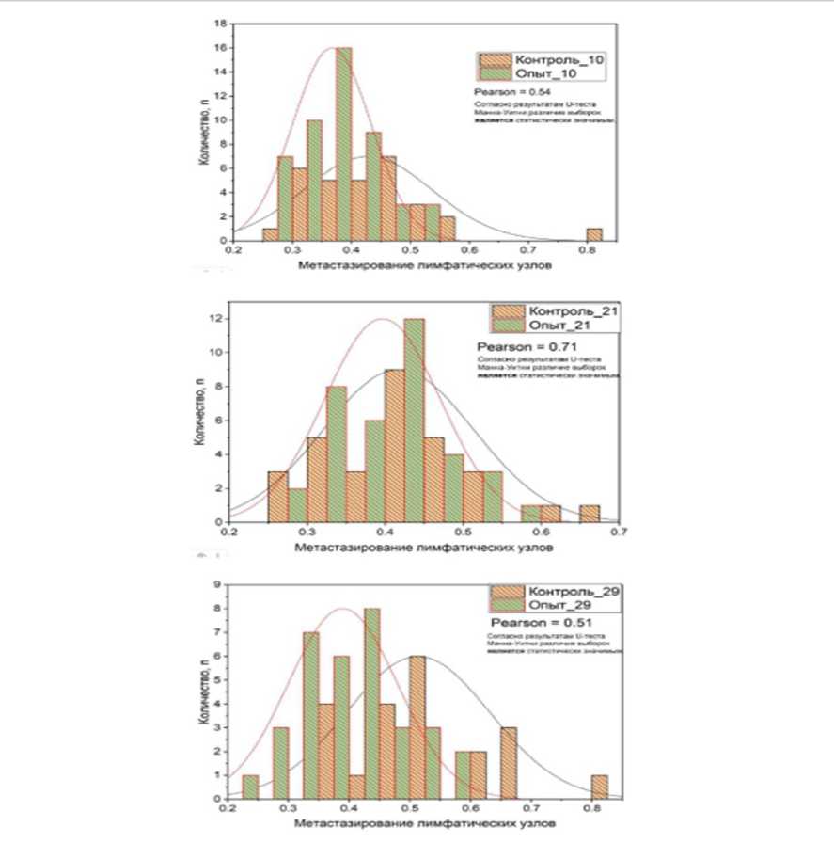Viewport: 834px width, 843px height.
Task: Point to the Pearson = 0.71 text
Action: coord(516,346)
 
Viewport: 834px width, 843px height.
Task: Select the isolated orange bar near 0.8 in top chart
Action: coord(593,234)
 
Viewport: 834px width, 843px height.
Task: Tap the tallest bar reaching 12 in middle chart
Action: coord(414,420)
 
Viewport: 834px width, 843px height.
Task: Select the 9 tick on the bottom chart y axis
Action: coord(216,584)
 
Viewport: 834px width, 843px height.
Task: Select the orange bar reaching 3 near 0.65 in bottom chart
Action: coord(509,763)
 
